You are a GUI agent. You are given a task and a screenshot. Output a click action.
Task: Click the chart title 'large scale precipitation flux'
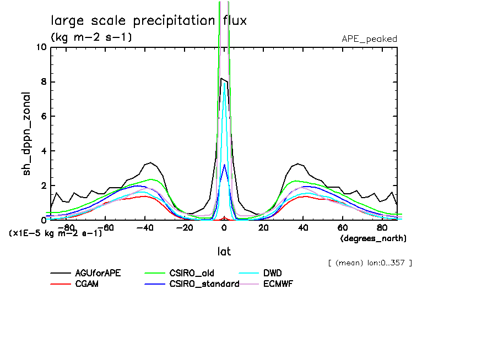149,21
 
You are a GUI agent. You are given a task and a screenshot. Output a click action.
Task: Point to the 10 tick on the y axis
41,47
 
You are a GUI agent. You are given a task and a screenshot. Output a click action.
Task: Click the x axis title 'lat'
223,251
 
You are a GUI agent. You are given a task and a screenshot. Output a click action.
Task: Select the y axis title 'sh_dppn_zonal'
27,134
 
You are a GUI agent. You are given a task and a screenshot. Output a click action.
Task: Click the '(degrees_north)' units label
373,238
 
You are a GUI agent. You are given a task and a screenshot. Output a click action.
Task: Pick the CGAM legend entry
87,284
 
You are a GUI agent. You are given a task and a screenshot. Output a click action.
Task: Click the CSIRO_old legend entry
192,273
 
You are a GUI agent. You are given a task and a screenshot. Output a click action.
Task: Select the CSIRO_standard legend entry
204,284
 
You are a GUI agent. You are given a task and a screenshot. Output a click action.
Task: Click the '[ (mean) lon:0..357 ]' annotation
369,263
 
